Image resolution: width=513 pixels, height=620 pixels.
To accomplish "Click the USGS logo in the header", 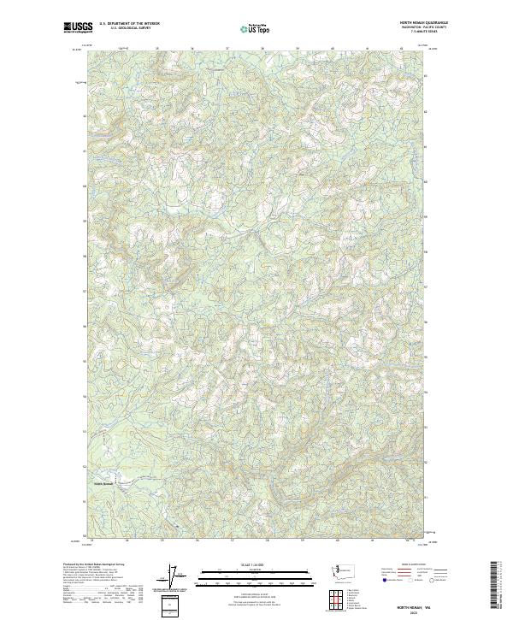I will (x=78, y=27).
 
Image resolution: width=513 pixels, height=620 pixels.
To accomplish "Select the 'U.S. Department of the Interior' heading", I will (x=129, y=23).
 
